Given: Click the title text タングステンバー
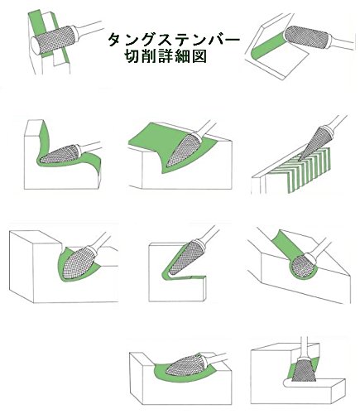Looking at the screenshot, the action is click(174, 40).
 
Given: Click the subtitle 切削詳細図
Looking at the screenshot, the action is click(166, 57).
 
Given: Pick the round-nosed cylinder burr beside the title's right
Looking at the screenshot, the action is click(306, 37).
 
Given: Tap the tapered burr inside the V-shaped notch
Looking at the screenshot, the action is click(185, 258).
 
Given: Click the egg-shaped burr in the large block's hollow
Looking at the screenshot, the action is click(79, 262).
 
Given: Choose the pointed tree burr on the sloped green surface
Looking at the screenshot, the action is click(184, 150).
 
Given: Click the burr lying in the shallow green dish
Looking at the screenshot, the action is click(185, 365).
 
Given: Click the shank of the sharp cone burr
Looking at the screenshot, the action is click(336, 122).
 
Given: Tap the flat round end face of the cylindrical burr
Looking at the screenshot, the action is click(36, 46).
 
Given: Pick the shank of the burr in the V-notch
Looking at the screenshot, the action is click(209, 235).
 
